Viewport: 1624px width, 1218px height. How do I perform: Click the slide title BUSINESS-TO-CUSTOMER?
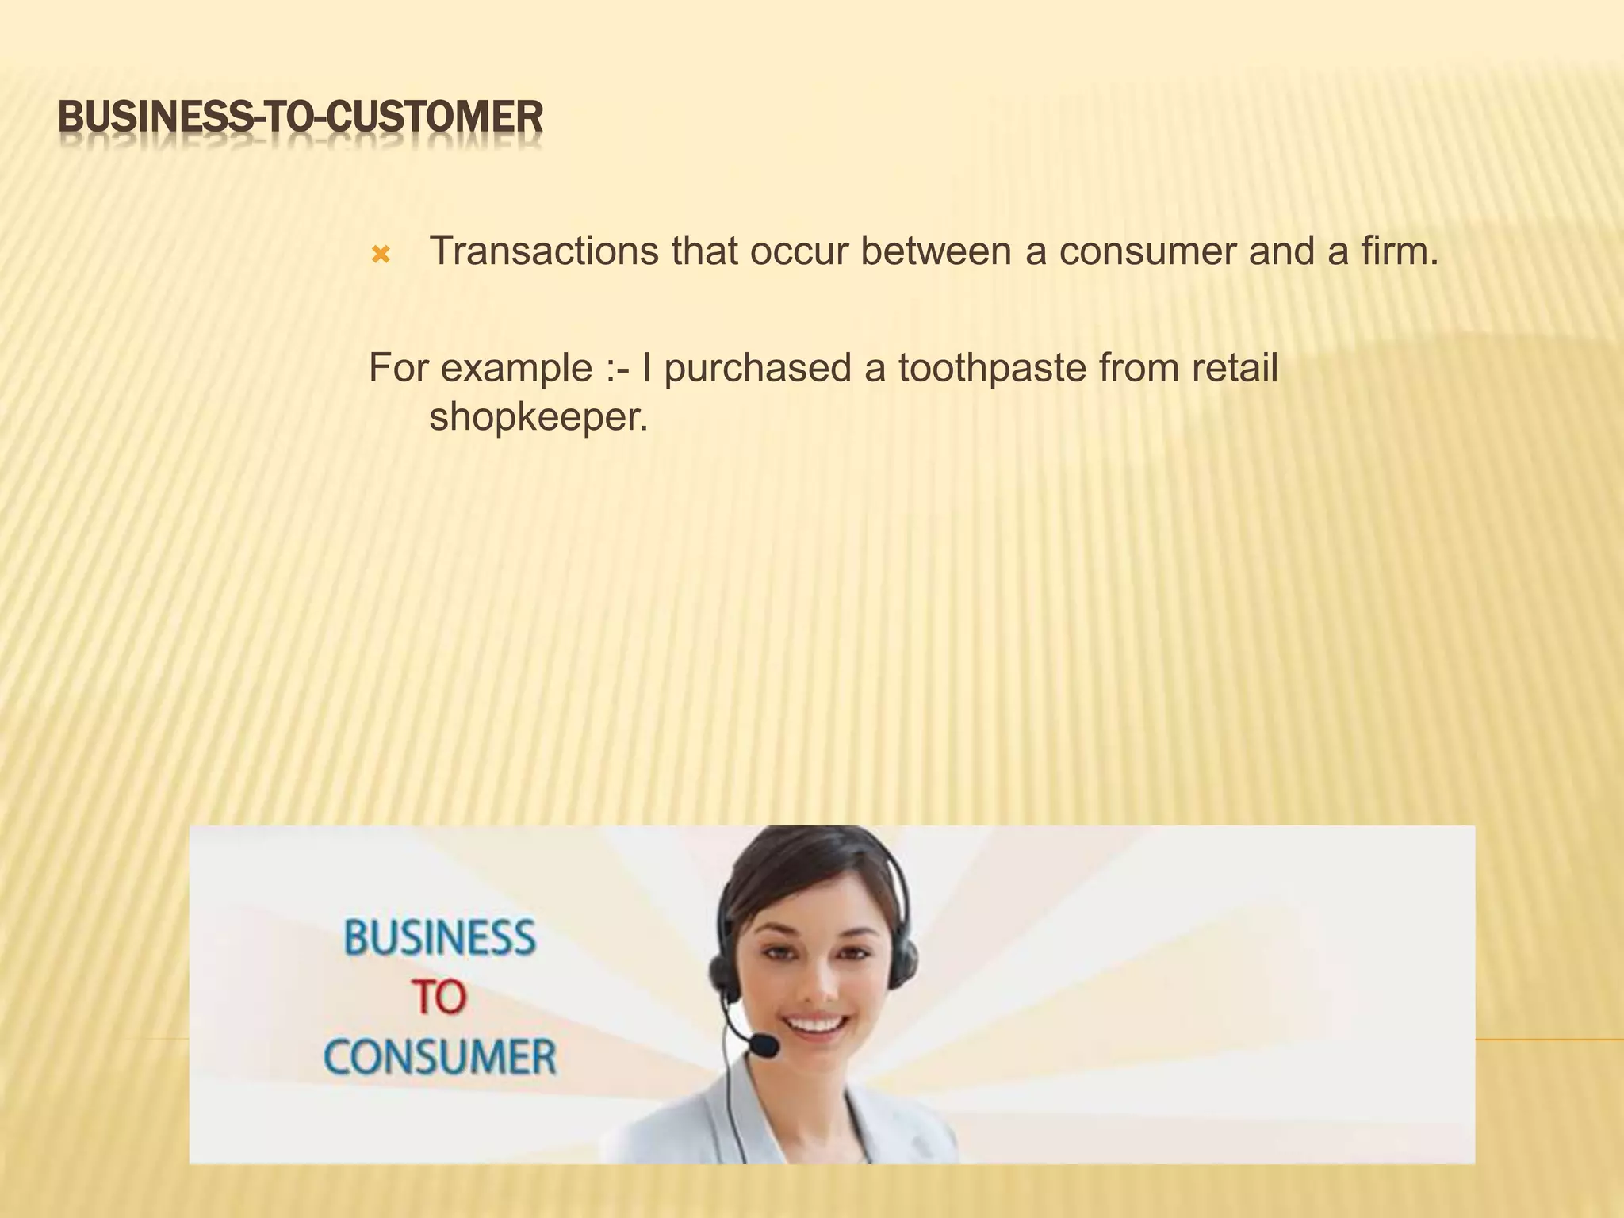pos(301,117)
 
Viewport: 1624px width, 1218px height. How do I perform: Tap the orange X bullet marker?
pos(381,255)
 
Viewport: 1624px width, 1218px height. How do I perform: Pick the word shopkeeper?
pos(538,416)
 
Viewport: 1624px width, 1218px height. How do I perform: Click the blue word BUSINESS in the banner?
pos(440,938)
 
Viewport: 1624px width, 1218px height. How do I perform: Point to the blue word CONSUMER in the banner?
pos(440,1058)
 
